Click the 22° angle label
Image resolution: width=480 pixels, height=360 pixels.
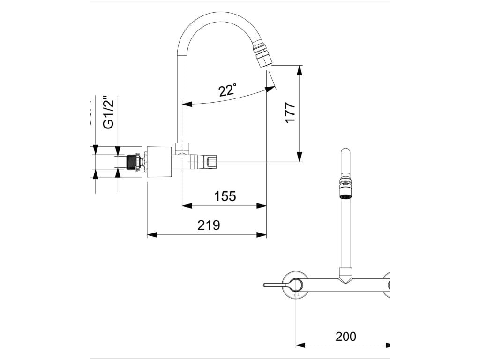[227, 90]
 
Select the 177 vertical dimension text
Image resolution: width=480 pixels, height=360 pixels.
[290, 112]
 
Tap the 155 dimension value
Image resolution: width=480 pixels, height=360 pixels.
[225, 196]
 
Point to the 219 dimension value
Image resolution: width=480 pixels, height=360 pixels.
[209, 225]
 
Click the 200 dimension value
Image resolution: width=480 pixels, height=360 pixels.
[345, 336]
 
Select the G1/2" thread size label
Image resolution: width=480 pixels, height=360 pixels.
[108, 112]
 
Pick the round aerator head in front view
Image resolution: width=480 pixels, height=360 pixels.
[345, 197]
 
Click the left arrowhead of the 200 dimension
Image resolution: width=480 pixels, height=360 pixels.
[300, 345]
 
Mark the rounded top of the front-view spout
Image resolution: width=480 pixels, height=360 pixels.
[345, 152]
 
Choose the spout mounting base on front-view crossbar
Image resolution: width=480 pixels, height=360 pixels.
[345, 274]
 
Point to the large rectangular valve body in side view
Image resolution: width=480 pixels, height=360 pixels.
[159, 162]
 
